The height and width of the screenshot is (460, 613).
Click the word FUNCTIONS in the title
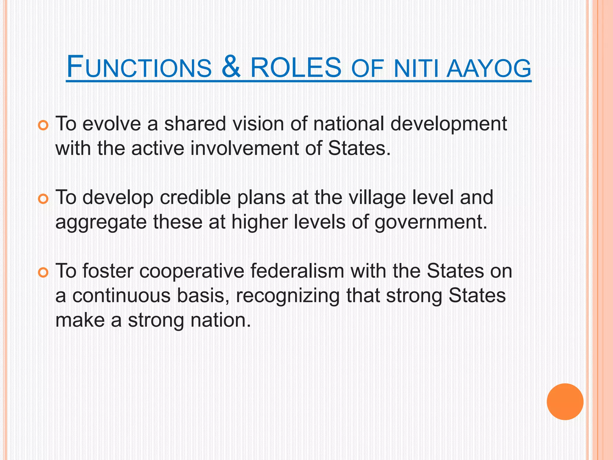point(139,67)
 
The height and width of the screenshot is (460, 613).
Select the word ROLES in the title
point(296,67)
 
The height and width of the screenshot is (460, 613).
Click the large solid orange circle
point(565,402)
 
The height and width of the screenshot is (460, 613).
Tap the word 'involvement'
point(245,148)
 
